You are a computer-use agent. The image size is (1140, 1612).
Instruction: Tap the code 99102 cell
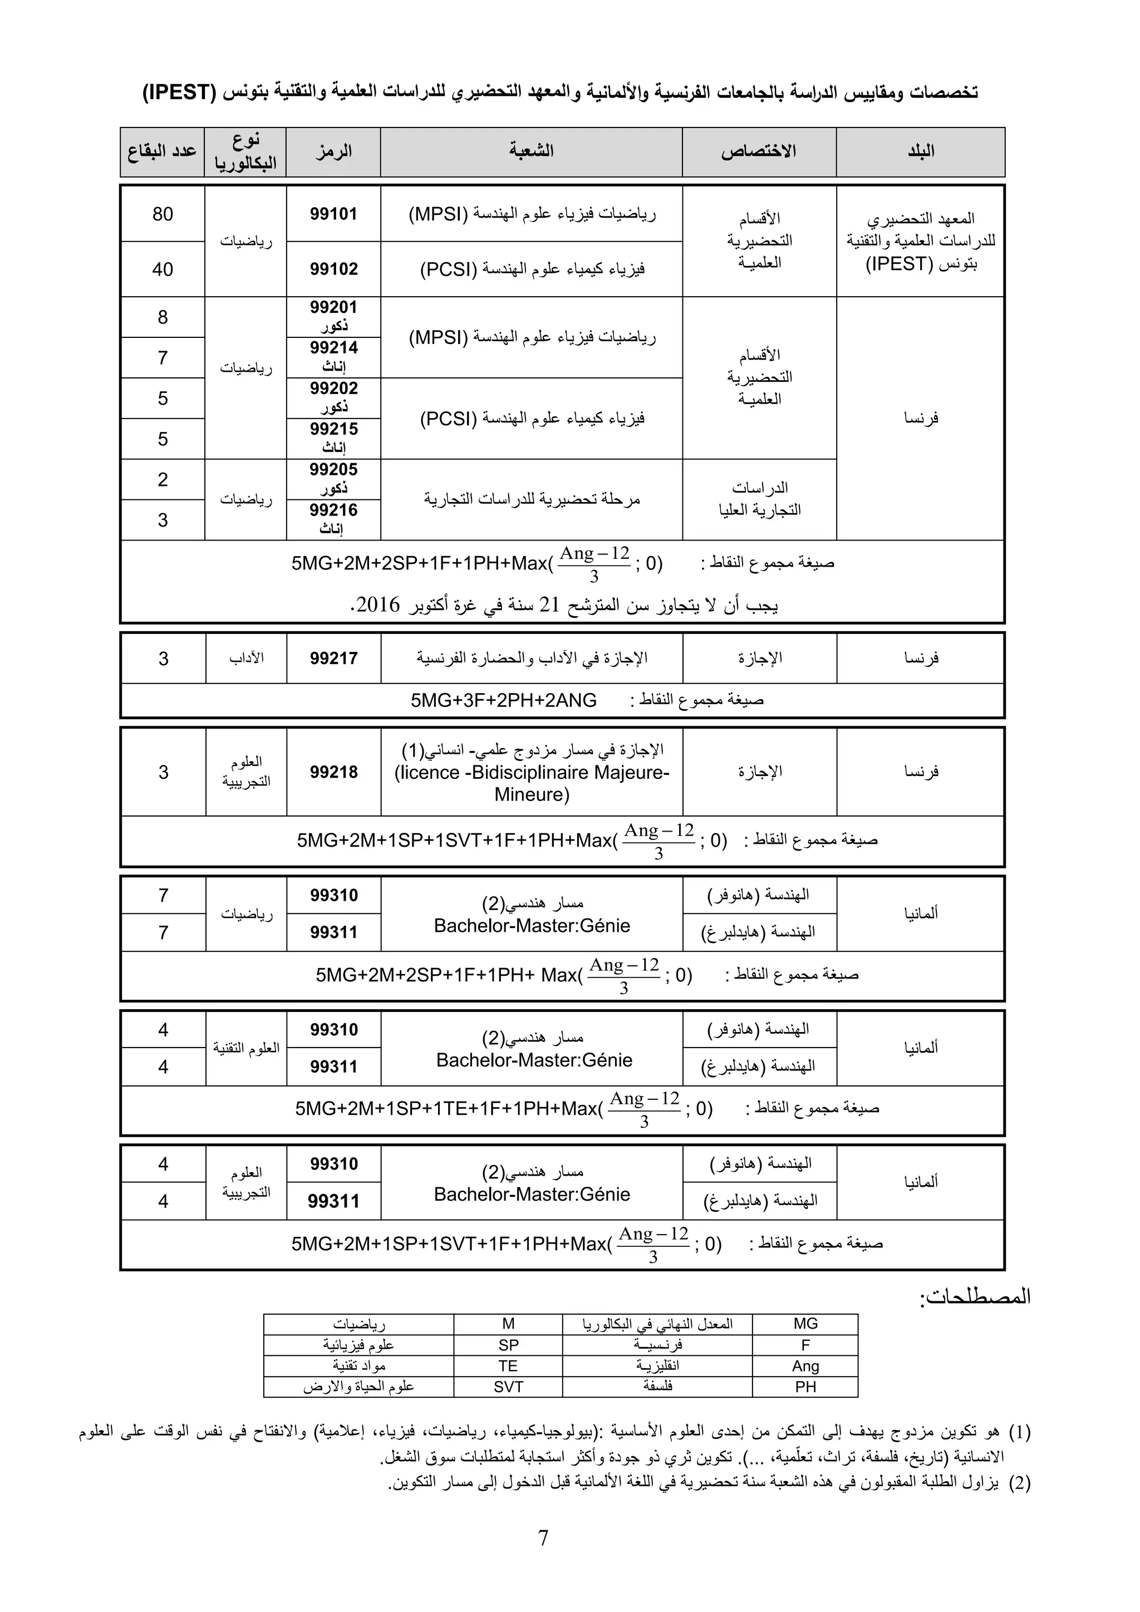tap(333, 269)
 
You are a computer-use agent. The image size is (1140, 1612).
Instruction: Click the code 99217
tap(333, 658)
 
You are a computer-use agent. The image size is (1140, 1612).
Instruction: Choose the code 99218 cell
tap(333, 772)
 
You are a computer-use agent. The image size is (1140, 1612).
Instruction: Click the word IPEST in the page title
tap(179, 92)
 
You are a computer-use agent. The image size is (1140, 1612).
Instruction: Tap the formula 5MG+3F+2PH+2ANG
tap(503, 701)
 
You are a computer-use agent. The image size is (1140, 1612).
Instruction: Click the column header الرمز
tap(333, 151)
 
